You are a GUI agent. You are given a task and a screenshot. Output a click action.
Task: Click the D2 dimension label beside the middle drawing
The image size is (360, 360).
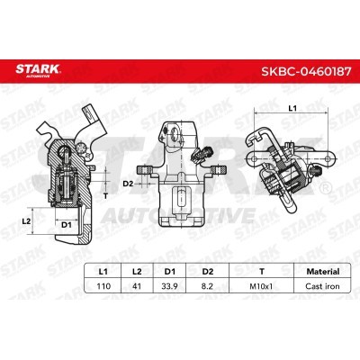point(129,184)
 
